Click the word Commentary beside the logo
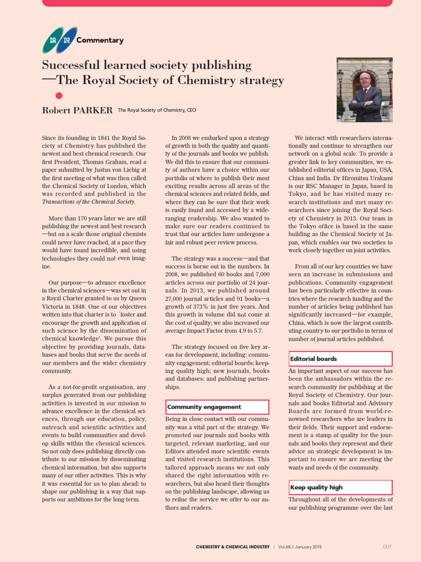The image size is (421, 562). [100, 40]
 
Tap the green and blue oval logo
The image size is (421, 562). [59, 40]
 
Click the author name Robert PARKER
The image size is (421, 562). [77, 110]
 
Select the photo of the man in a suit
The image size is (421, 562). [364, 89]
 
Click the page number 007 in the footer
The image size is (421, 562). [387, 547]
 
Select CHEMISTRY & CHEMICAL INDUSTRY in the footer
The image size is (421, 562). [232, 547]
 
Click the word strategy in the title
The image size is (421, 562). [260, 81]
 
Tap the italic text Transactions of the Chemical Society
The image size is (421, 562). [88, 202]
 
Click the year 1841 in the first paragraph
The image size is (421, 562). [111, 138]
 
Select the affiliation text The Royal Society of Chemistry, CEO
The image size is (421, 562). [157, 110]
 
